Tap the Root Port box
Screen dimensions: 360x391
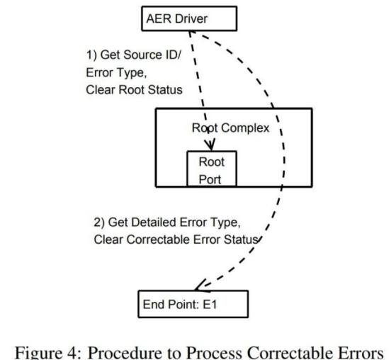[210, 169]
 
